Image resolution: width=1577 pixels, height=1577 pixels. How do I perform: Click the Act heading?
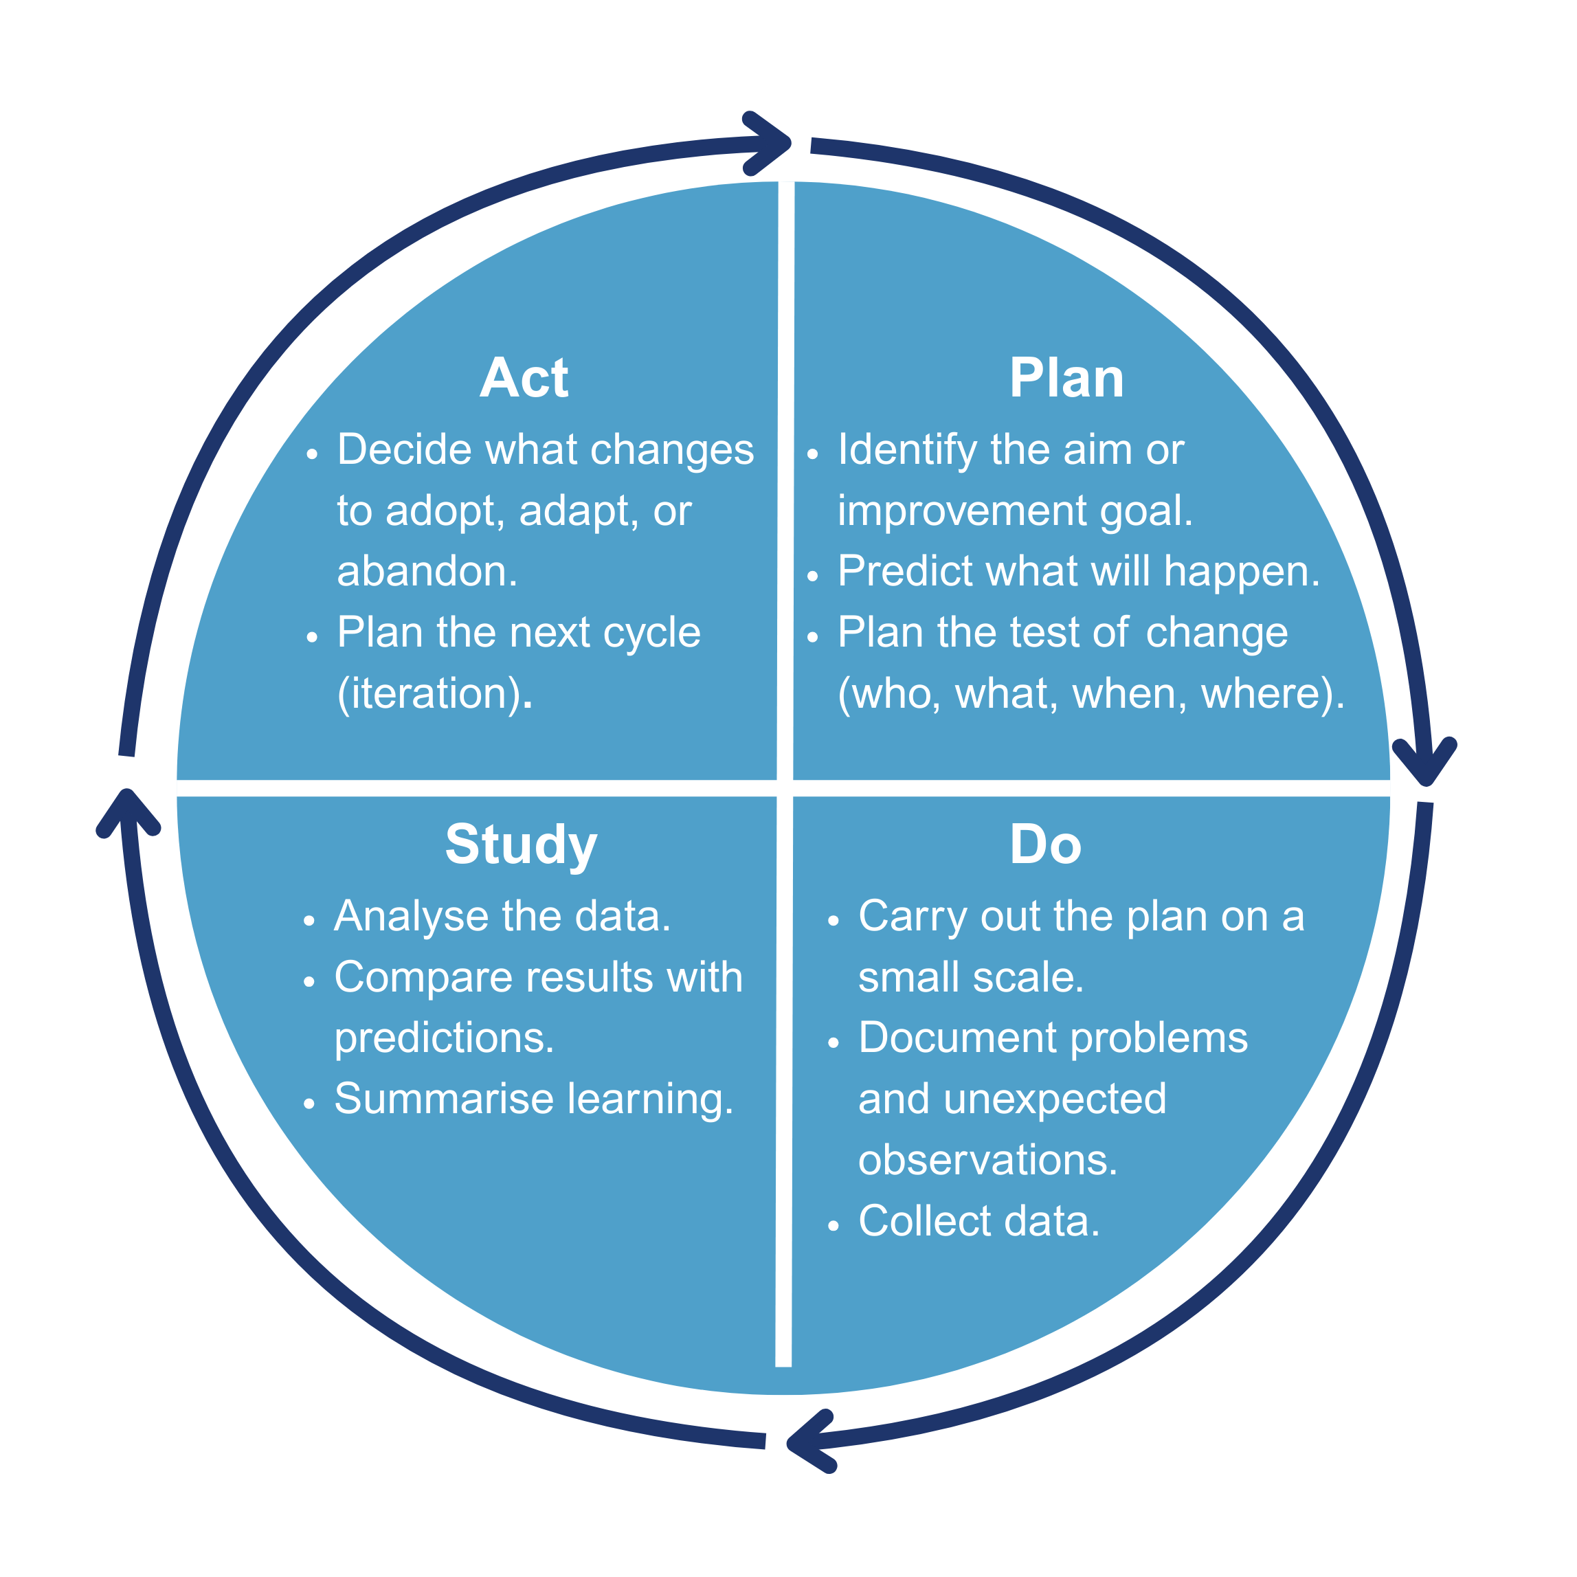[524, 379]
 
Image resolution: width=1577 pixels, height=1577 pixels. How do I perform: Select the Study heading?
[521, 845]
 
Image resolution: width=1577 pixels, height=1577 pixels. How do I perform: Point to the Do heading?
[1046, 845]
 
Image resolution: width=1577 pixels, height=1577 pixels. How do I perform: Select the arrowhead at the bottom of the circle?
[812, 1442]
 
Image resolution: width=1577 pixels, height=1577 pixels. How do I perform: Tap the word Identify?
[907, 451]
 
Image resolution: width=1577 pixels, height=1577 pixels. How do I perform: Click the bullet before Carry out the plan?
[833, 921]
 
